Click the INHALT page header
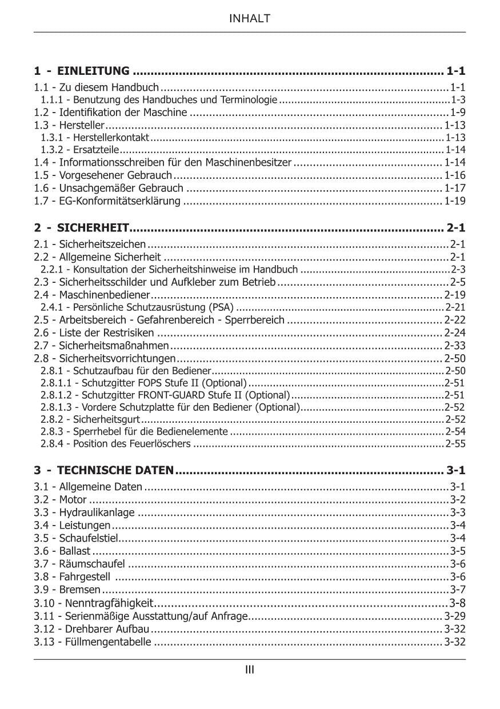[x=250, y=19]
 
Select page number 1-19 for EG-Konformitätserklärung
[x=455, y=201]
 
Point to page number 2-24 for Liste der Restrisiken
[x=455, y=333]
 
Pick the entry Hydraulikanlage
[x=97, y=512]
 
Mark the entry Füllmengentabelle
[x=109, y=642]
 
